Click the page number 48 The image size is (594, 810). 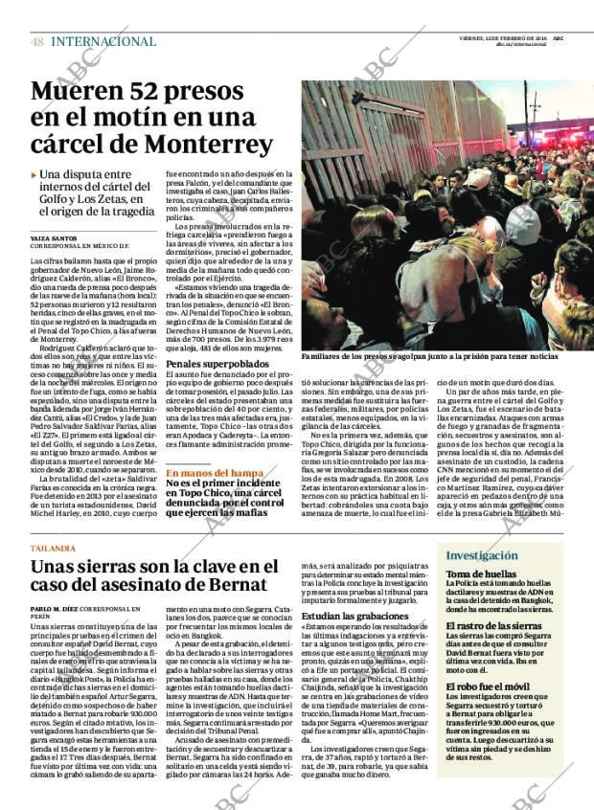tap(36, 42)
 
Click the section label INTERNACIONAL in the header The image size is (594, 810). tap(103, 42)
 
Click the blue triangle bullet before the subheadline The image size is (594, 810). tap(34, 175)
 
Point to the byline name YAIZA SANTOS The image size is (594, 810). tap(54, 237)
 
